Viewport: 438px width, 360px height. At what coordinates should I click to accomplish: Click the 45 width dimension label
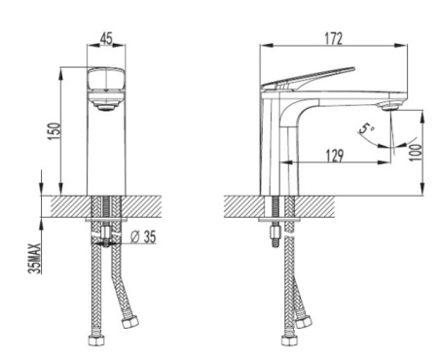[106, 39]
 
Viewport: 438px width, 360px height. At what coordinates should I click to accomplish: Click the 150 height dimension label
[55, 131]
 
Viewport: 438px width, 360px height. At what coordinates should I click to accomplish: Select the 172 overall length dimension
[333, 39]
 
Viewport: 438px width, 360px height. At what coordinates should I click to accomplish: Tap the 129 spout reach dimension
[335, 156]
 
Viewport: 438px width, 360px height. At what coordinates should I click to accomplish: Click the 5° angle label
[367, 128]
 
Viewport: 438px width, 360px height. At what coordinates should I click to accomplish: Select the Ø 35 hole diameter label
[143, 236]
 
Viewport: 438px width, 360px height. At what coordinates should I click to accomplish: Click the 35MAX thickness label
[35, 259]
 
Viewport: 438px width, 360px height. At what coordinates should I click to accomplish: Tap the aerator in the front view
[106, 107]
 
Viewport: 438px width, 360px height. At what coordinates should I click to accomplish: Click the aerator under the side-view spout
[391, 106]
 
